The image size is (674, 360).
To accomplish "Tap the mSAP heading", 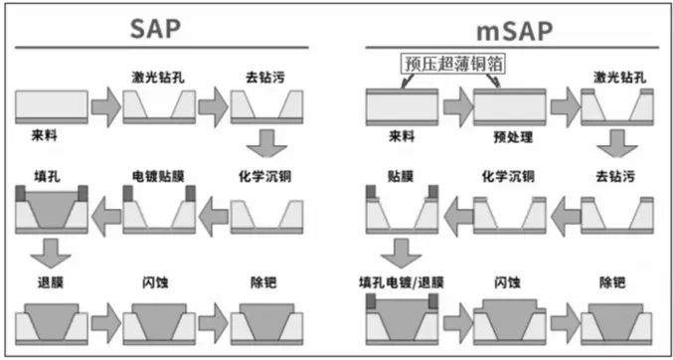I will click(511, 28).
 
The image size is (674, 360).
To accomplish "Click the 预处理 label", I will click(506, 133).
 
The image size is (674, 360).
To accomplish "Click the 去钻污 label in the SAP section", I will click(264, 77).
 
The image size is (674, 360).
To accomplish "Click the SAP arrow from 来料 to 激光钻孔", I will click(103, 103).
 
